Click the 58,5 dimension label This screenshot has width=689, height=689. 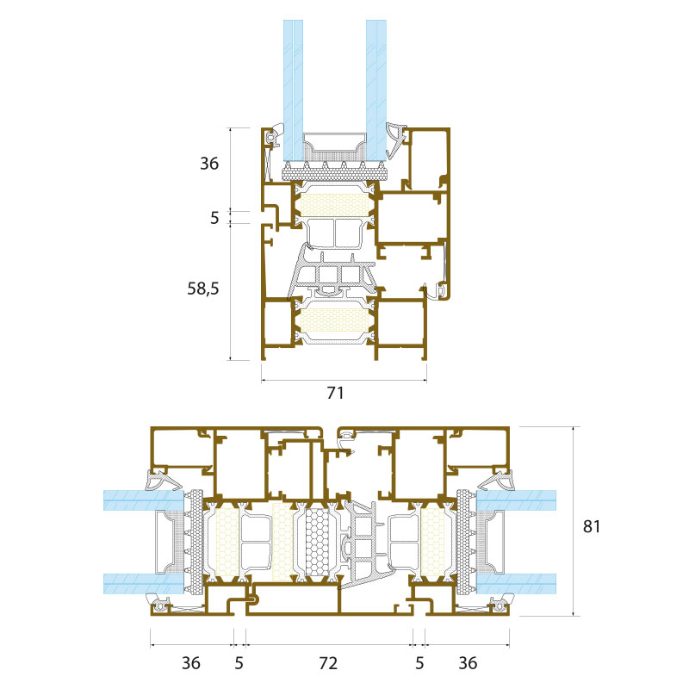click(x=203, y=289)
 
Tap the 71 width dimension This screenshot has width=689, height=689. click(x=335, y=393)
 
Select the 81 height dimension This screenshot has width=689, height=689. click(x=592, y=526)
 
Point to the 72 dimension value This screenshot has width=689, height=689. click(x=328, y=663)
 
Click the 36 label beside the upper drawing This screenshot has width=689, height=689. click(x=209, y=164)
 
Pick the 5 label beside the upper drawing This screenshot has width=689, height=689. click(x=214, y=218)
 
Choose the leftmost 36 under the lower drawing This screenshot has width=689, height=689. click(x=190, y=663)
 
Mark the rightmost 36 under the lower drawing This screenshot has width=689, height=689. click(x=468, y=663)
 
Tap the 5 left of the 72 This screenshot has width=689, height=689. click(x=239, y=663)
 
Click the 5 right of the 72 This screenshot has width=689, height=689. click(x=419, y=663)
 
